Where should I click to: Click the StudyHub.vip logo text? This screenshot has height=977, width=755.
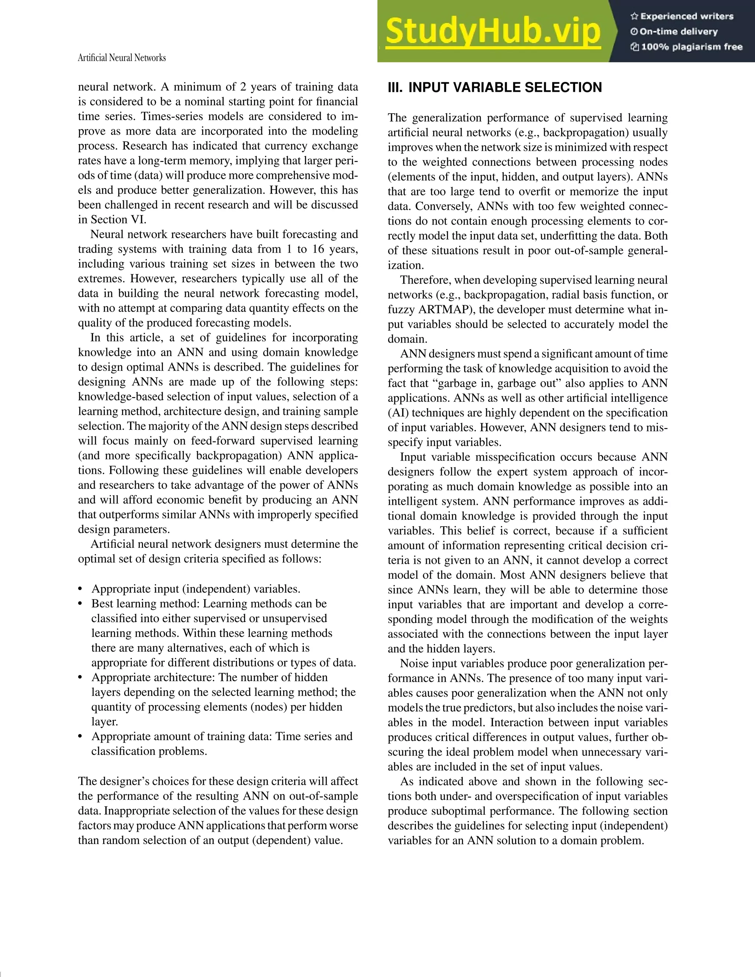coord(493,31)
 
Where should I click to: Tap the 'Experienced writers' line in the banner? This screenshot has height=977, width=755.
coord(686,17)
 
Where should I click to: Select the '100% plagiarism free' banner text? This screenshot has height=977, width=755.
coord(692,47)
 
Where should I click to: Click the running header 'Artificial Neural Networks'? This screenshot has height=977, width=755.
coord(122,58)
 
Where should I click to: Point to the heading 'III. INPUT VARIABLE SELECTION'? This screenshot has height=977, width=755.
coord(495,87)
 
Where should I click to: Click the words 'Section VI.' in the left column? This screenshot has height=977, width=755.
coord(119,220)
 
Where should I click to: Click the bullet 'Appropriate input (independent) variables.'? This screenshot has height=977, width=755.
coord(195,589)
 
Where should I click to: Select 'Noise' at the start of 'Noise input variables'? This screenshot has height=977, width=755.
coord(414,663)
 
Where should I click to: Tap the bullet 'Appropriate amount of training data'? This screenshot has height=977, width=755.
coord(222,737)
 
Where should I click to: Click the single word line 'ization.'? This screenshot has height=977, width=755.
coord(405,265)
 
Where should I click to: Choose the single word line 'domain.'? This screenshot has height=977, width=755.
coord(407,339)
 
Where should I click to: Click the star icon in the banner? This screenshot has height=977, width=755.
coord(634,17)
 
